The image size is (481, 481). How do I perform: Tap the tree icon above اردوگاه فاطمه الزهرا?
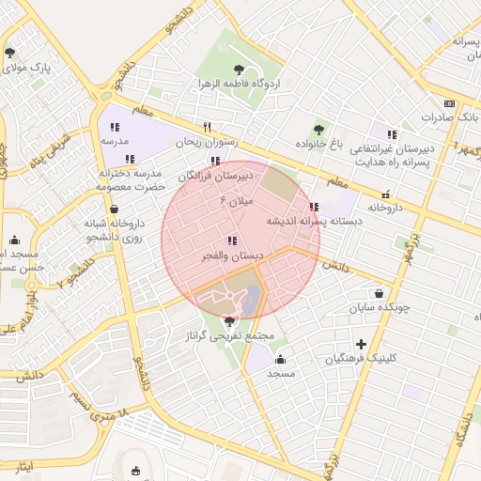[239, 68]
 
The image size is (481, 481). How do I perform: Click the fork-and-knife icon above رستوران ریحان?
[207, 127]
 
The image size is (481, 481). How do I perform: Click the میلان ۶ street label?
[238, 200]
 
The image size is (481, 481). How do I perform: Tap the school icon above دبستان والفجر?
[232, 241]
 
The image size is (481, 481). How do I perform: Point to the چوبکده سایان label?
[380, 307]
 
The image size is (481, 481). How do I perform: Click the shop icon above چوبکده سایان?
[379, 292]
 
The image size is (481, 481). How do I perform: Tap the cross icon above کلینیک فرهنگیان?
[361, 344]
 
